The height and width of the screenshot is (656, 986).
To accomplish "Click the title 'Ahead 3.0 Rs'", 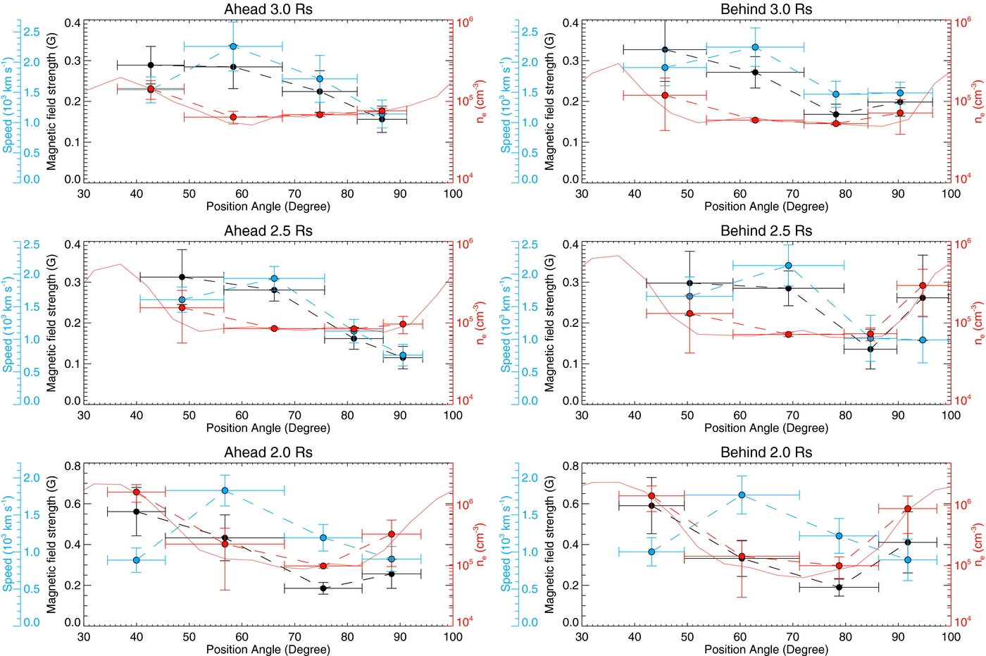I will point(268,9).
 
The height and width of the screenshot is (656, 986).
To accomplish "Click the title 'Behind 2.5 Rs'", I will point(766,231).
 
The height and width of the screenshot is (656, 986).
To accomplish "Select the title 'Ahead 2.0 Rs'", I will point(268,452).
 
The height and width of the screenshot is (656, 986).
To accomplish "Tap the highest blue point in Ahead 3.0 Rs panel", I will point(233,47).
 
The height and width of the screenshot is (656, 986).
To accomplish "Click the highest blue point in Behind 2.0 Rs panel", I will point(742,495).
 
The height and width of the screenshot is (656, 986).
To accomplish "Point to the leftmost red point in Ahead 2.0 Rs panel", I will point(137,492).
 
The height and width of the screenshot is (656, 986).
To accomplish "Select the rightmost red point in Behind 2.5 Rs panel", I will point(923,285).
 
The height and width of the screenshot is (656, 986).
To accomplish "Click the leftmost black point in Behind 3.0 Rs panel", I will point(665,49).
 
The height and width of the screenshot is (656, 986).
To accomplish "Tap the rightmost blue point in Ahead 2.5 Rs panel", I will point(403,355).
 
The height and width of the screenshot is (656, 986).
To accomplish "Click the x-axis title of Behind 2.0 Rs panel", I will point(766,649).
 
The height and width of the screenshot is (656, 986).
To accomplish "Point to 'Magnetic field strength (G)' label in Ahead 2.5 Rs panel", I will point(51,323).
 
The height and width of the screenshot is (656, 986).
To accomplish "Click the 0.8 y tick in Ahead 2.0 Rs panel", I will point(73,466).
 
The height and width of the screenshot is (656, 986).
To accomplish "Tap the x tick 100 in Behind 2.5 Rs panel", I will point(951,415).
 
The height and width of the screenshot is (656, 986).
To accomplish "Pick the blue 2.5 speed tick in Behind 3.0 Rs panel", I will point(530,32).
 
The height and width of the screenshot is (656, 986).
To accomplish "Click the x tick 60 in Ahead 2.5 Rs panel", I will point(242,415).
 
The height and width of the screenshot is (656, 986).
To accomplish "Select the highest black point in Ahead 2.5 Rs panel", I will point(182,277).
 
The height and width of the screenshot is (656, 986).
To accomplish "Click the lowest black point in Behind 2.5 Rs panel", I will point(870,349).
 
